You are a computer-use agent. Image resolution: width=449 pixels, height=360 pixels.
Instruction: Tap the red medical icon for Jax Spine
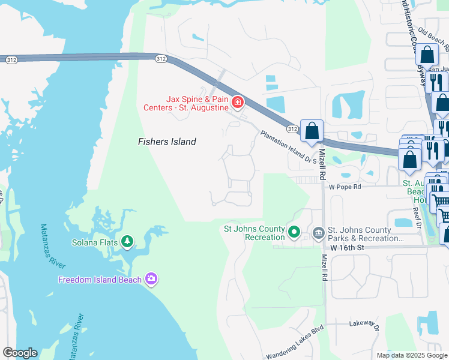(238, 103)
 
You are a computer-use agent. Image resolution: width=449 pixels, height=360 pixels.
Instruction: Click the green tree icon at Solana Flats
(127, 241)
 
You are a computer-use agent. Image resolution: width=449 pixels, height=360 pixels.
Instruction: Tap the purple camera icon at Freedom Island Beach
(151, 278)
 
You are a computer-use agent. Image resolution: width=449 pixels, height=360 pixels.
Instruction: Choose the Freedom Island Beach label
(100, 280)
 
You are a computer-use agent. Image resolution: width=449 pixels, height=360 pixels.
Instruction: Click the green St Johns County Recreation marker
(294, 232)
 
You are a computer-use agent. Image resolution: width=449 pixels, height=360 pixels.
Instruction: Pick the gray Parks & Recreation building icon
(318, 232)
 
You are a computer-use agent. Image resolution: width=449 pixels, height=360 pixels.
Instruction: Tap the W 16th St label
(348, 247)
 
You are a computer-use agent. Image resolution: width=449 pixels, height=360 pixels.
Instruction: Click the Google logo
(20, 353)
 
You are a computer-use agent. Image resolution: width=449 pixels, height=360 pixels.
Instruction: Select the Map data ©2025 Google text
(411, 355)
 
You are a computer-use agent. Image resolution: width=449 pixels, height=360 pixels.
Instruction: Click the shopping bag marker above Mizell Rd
(312, 131)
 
